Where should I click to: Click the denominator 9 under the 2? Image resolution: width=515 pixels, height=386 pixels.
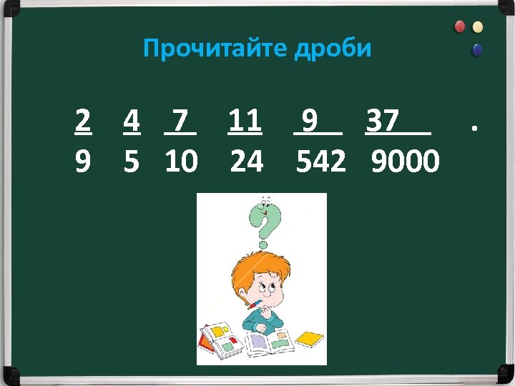click(83, 162)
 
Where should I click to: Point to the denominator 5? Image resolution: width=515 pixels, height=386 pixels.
click(131, 162)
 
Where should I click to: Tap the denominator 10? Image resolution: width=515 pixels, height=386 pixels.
click(181, 162)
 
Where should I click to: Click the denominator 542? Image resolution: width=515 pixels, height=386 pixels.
click(321, 162)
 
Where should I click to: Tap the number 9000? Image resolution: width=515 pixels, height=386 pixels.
click(406, 162)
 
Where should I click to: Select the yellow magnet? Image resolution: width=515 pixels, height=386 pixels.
click(477, 27)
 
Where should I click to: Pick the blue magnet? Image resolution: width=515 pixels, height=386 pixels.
click(477, 50)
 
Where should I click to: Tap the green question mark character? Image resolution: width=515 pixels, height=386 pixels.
click(265, 221)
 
